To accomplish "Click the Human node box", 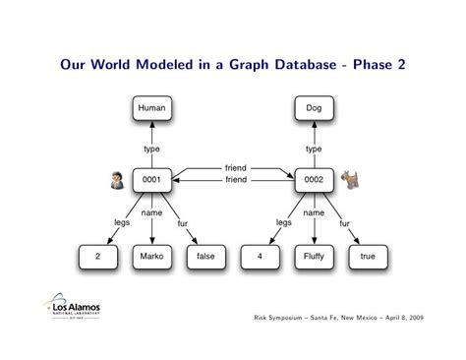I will click(151, 109).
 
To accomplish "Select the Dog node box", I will click(314, 109).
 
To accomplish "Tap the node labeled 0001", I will click(151, 180).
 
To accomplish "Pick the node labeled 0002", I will click(314, 180).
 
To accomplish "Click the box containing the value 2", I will click(97, 256).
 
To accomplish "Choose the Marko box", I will click(151, 256).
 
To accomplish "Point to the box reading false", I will click(205, 256).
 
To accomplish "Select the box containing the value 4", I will click(260, 256).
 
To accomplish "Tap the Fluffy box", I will click(314, 256).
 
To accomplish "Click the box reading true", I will click(368, 256).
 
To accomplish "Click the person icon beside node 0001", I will click(117, 179).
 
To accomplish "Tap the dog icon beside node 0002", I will click(349, 179).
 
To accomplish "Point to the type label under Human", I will click(151, 150).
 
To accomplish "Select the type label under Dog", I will click(314, 150).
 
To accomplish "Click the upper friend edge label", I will click(236, 169).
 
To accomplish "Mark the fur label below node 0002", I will click(344, 223).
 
